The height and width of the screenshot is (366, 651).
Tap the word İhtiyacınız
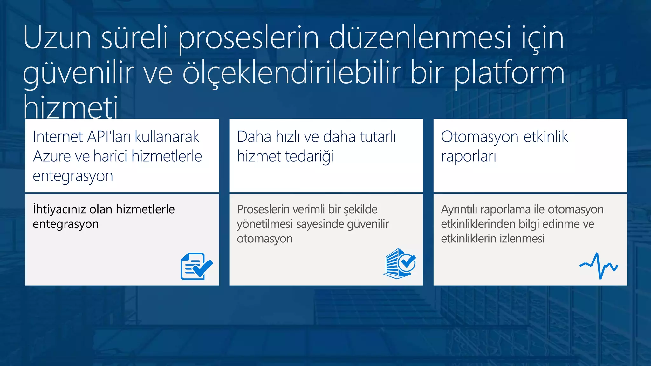pyautogui.click(x=59, y=209)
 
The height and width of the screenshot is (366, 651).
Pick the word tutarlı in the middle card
pyautogui.click(x=378, y=137)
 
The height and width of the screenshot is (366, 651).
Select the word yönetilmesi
pyautogui.click(x=265, y=224)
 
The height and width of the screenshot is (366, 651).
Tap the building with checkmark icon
pyautogui.click(x=399, y=264)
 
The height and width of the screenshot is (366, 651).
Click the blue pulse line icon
pyautogui.click(x=599, y=266)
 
